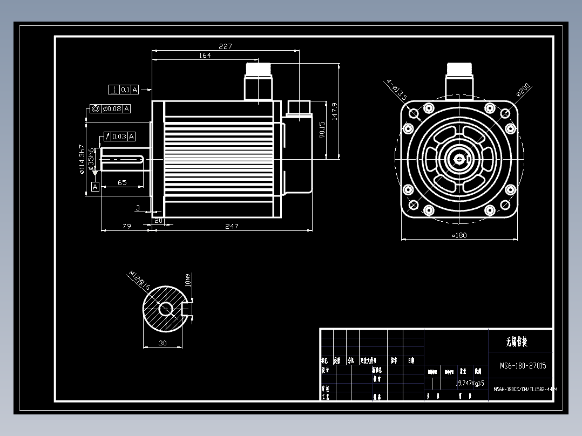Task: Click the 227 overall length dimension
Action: (225, 46)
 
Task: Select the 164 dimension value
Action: (205, 56)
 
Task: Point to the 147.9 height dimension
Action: (335, 111)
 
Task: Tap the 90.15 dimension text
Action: (322, 130)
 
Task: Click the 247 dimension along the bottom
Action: (232, 226)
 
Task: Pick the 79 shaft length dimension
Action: (126, 226)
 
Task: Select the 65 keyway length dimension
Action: (122, 183)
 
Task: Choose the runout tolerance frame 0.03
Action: (119, 137)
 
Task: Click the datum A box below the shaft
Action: (95, 187)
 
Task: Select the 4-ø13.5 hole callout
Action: (396, 90)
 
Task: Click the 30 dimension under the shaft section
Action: (163, 343)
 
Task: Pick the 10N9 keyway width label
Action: (188, 280)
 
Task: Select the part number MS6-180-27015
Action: (523, 366)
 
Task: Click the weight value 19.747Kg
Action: (470, 383)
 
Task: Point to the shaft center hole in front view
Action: (459, 159)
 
